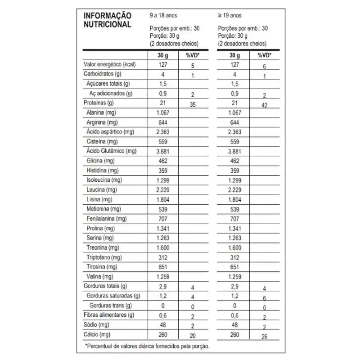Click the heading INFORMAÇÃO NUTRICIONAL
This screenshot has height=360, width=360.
point(108,20)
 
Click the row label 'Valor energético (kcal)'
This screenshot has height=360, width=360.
point(110,65)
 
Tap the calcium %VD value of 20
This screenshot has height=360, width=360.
point(192,335)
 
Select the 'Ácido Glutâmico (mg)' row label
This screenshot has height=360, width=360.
point(112,151)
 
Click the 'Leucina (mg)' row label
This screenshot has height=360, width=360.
point(102,190)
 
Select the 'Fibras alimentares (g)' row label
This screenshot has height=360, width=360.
point(109,315)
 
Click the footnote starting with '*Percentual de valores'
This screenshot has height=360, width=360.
point(147,346)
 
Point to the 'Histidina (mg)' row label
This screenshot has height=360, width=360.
point(103,171)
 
